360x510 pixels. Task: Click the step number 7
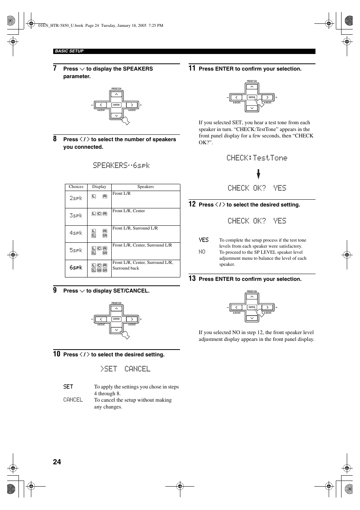pyautogui.click(x=55, y=68)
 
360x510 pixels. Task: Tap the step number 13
pyautogui.click(x=192, y=279)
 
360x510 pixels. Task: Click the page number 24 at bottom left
pyautogui.click(x=57, y=462)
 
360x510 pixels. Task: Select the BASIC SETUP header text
pyautogui.click(x=69, y=51)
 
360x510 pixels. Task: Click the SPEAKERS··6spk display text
pyautogui.click(x=121, y=165)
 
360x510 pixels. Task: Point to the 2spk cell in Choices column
pyautogui.click(x=76, y=198)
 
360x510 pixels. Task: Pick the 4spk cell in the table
pyautogui.click(x=76, y=233)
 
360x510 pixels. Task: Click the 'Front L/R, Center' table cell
pyautogui.click(x=129, y=211)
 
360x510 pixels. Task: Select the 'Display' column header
pyautogui.click(x=99, y=187)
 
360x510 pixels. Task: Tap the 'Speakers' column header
pyautogui.click(x=145, y=187)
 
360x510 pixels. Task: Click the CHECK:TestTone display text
pyautogui.click(x=257, y=158)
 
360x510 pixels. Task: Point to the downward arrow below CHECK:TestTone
pyautogui.click(x=258, y=174)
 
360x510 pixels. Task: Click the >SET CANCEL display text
pyautogui.click(x=125, y=369)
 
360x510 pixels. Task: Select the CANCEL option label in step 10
pyautogui.click(x=73, y=400)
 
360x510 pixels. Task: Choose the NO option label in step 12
pyautogui.click(x=202, y=252)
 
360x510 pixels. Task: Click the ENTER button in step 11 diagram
pyautogui.click(x=252, y=97)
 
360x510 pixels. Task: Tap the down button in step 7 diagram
pyautogui.click(x=117, y=116)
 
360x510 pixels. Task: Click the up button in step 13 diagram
pyautogui.click(x=252, y=297)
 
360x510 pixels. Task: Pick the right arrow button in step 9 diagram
pyautogui.click(x=131, y=319)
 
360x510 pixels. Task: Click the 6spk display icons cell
pyautogui.click(x=99, y=268)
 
